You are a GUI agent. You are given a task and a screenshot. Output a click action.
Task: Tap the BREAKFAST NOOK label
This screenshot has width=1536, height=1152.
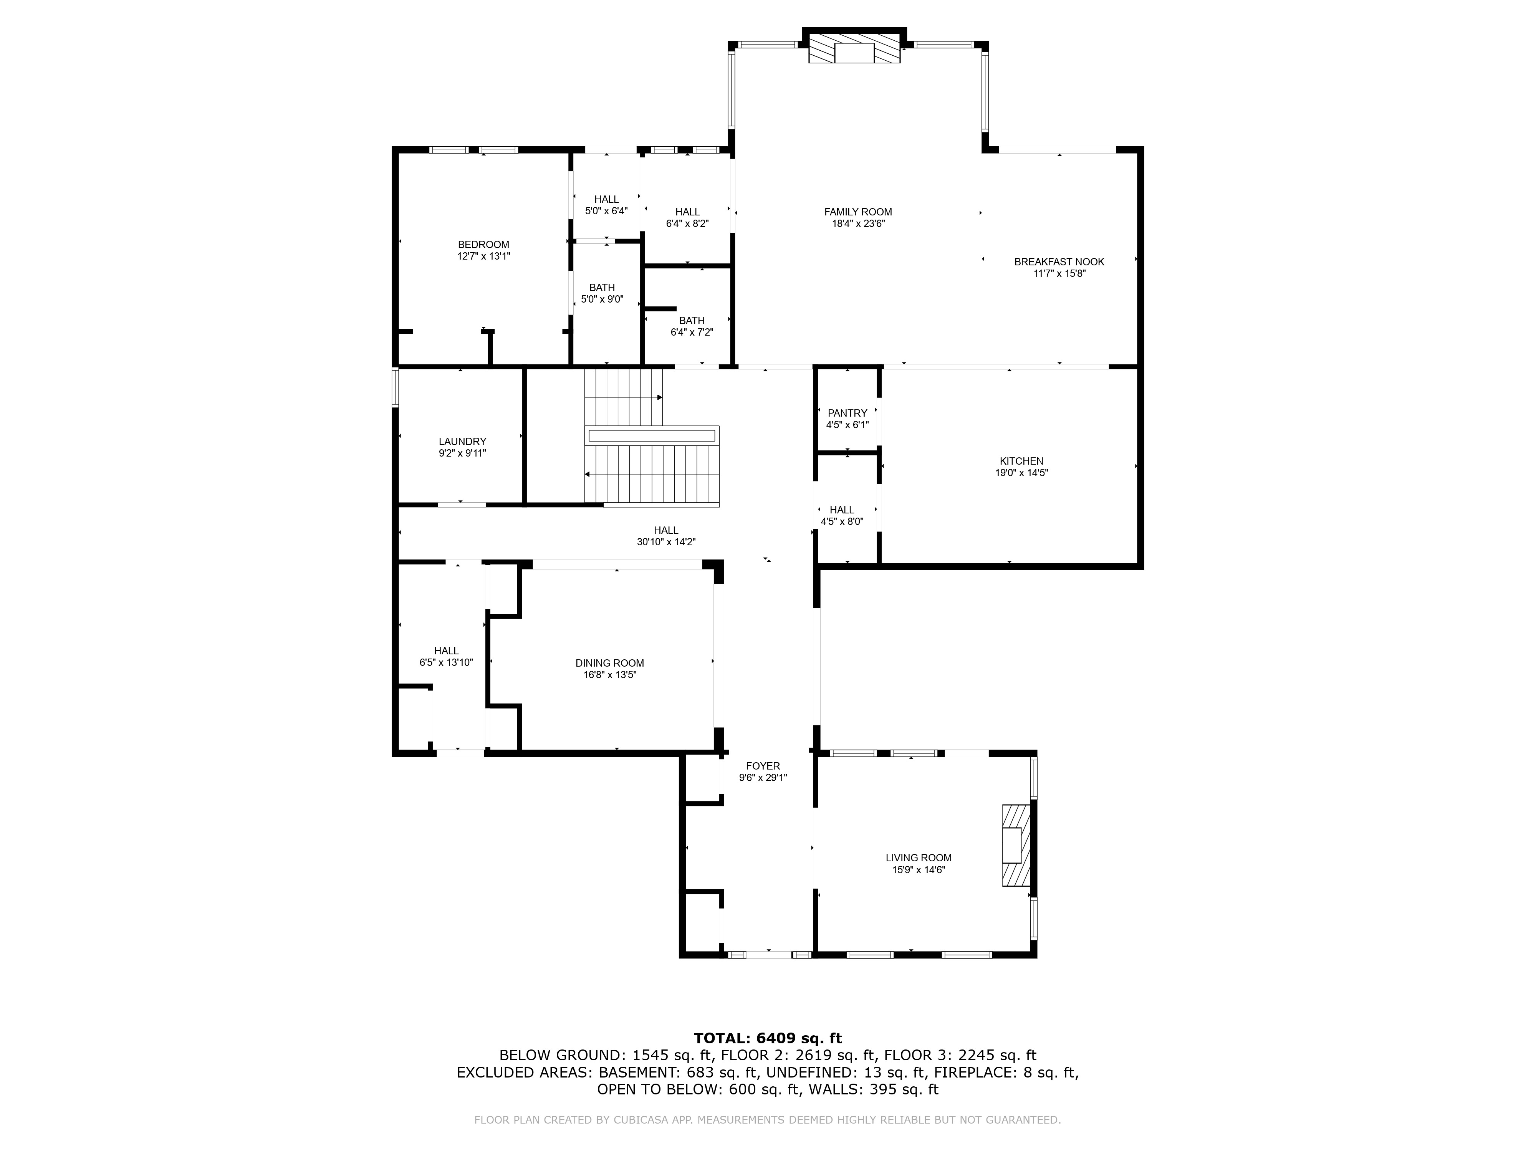[x=1059, y=262]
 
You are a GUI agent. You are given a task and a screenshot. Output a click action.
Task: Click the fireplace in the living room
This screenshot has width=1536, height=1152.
[x=1015, y=845]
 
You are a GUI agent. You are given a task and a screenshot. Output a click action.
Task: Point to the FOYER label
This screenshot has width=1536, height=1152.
[x=763, y=766]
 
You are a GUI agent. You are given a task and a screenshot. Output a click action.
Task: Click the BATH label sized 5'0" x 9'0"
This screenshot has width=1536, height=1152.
[x=602, y=288]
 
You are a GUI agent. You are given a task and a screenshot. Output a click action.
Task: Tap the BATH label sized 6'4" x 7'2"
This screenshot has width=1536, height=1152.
[x=692, y=321]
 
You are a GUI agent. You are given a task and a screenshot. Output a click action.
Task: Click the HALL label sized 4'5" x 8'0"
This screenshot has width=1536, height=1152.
[x=842, y=510]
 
